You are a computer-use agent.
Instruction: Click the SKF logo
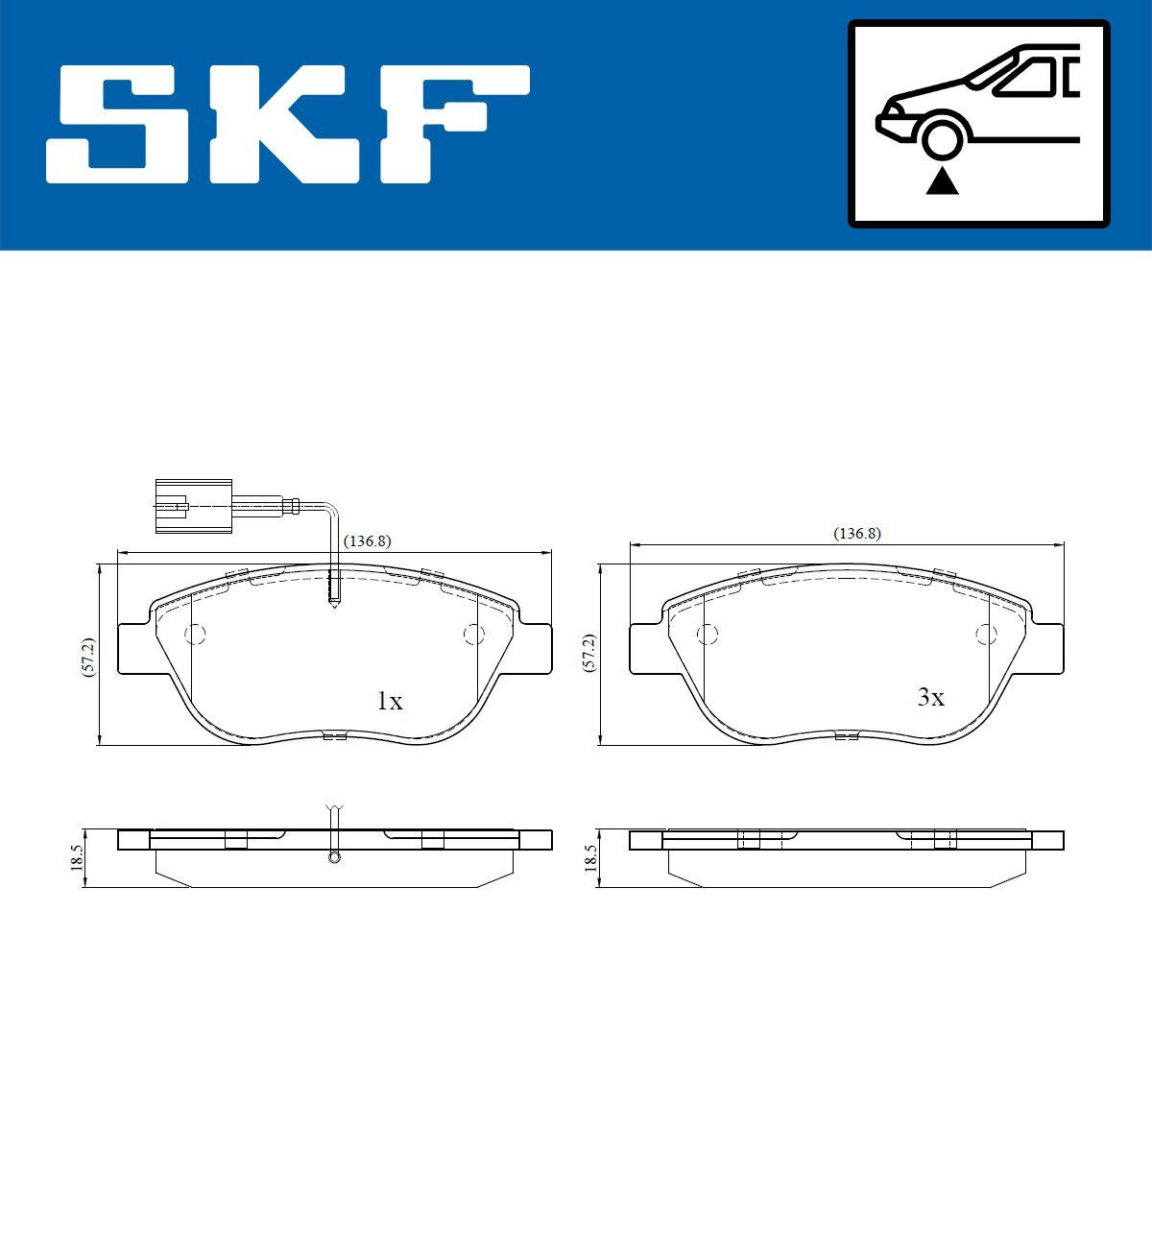click(288, 124)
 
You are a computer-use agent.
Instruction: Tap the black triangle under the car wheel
click(942, 180)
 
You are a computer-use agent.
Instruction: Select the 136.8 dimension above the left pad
click(367, 540)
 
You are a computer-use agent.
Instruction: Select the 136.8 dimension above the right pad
click(856, 533)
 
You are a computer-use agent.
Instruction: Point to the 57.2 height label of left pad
click(87, 658)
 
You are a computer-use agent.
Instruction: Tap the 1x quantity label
click(389, 702)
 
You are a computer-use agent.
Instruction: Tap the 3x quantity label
click(930, 698)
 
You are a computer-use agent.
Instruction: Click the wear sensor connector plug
click(192, 503)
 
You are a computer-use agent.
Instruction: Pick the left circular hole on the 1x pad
click(195, 634)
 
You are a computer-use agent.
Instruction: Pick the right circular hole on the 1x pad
click(472, 634)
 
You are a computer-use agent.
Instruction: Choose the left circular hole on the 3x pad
click(708, 634)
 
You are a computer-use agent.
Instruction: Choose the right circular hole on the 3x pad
click(985, 634)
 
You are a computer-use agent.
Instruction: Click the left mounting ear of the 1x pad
click(134, 648)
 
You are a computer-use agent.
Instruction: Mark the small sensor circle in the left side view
click(334, 857)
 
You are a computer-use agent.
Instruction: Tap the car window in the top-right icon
click(1032, 77)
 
